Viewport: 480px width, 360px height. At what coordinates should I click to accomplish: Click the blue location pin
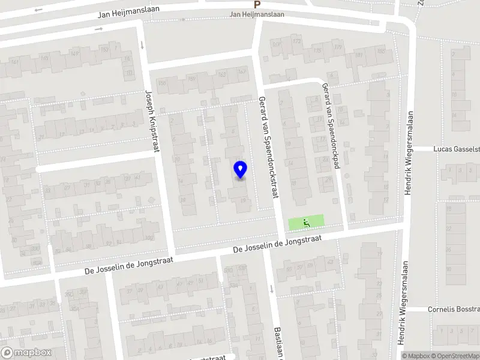(x=240, y=170)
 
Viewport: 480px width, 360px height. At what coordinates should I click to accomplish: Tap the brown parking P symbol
(x=257, y=5)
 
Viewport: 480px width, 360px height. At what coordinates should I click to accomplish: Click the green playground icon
(x=306, y=223)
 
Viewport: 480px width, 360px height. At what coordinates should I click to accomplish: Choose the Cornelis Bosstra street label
(x=453, y=310)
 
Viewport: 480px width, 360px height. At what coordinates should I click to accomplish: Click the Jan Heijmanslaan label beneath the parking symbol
(x=257, y=14)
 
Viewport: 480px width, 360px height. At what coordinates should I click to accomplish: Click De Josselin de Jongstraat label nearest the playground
(x=278, y=243)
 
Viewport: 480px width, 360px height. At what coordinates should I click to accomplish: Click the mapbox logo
(x=26, y=353)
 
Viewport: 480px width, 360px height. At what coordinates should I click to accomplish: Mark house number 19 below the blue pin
(x=243, y=201)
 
